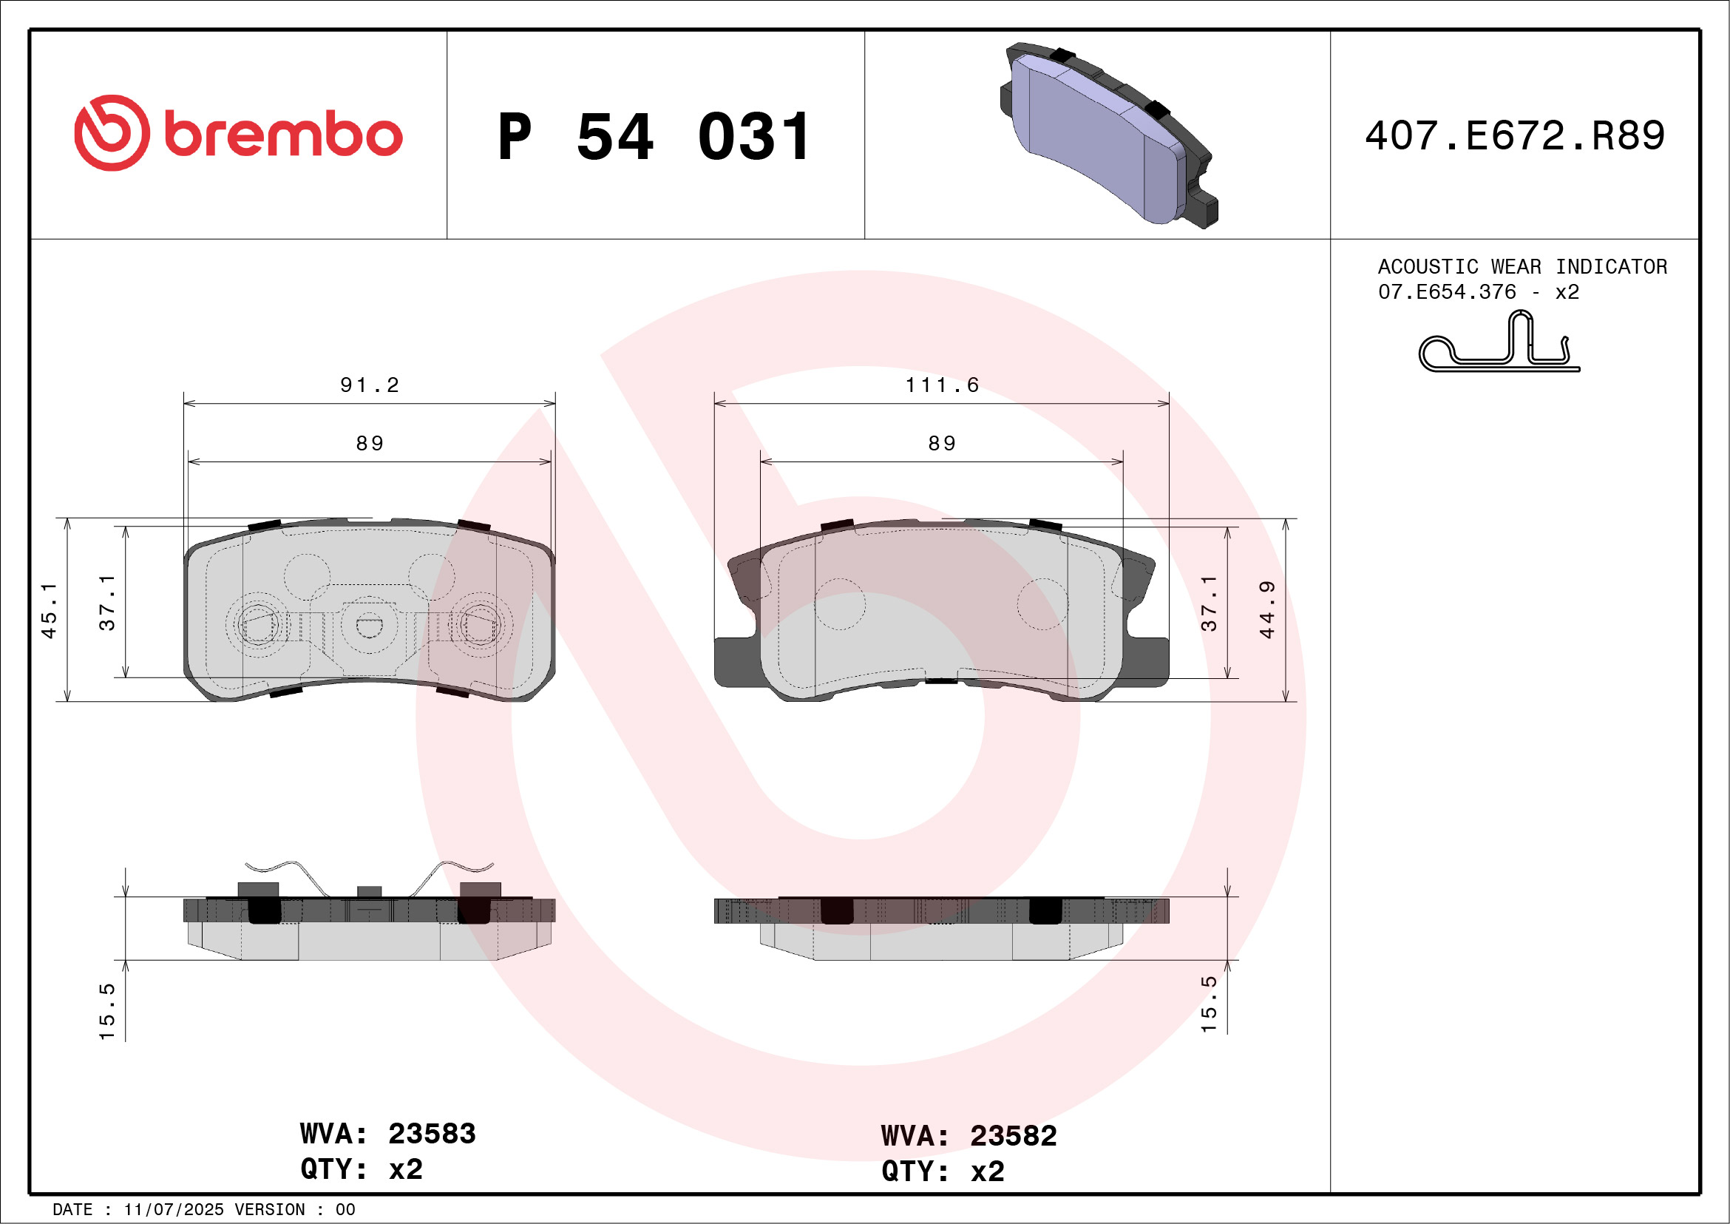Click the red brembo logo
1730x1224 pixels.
tap(238, 133)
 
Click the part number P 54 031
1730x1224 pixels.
tap(654, 137)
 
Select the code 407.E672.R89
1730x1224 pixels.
tap(1515, 136)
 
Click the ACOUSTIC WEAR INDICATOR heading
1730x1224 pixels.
tap(1522, 267)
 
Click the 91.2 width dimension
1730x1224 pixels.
tap(369, 385)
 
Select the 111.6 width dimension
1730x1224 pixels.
tap(942, 385)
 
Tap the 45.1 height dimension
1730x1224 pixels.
tap(48, 610)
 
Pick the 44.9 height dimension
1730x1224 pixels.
tap(1266, 609)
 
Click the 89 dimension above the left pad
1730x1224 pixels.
tap(369, 443)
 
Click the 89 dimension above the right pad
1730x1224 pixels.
tap(942, 443)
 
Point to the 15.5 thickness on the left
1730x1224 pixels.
tap(107, 1012)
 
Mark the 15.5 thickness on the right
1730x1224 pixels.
tap(1209, 1004)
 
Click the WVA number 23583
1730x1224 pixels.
tap(432, 1134)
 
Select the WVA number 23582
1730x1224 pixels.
tap(1013, 1136)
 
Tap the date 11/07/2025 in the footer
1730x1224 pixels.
tap(173, 1210)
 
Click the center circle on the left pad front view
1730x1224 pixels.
tap(368, 625)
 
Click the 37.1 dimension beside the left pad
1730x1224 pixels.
tap(107, 602)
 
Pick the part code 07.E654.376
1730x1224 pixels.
tap(1446, 292)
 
